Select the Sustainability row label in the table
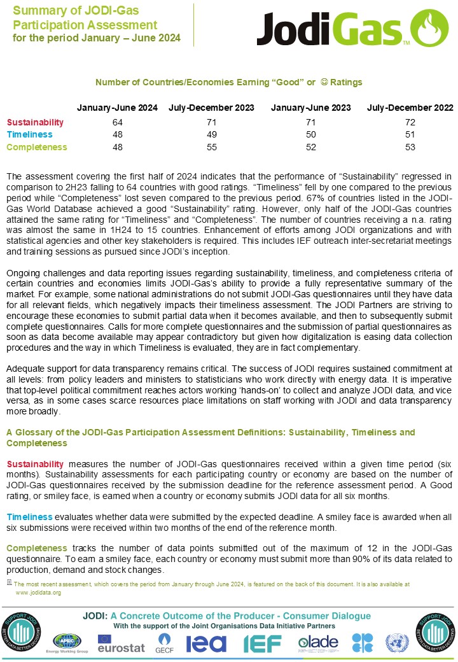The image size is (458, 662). coord(35,122)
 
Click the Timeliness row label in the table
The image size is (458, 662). coord(29,134)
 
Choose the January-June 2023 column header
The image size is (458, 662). coord(310,108)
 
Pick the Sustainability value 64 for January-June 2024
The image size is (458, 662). coord(117,122)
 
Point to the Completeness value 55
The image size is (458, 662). coord(212,147)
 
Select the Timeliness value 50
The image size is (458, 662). coord(311,134)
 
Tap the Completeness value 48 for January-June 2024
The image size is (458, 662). coord(117,147)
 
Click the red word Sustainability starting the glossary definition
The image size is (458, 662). coord(35,463)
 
